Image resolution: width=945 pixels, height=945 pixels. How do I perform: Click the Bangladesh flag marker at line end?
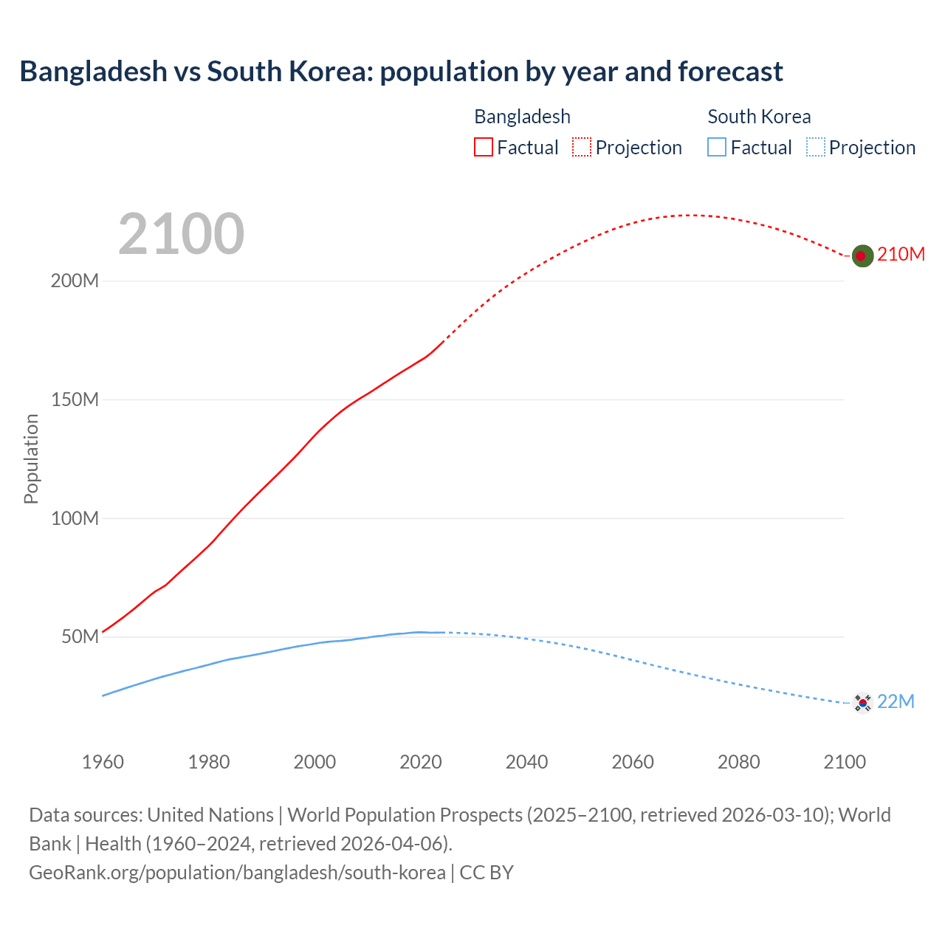862,255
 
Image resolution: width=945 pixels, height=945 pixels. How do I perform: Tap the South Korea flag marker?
862,702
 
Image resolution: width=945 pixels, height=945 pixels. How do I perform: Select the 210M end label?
901,255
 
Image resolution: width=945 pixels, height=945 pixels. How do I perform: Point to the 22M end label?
896,701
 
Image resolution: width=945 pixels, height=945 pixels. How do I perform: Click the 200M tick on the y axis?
75,281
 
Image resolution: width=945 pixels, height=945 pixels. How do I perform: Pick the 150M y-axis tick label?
75,400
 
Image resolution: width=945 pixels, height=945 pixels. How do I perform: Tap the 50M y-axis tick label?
80,637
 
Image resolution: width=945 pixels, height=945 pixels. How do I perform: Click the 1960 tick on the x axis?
103,762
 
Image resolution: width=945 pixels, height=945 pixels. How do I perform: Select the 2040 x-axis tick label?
526,762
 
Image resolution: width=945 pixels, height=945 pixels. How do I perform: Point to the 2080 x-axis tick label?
738,762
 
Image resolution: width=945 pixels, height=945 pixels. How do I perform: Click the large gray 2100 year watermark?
181,234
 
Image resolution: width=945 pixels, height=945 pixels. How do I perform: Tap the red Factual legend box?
484,148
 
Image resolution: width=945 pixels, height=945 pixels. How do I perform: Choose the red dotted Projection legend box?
582,148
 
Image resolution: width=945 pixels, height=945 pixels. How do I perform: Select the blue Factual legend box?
717,148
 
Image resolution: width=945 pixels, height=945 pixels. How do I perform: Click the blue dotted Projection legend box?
815,148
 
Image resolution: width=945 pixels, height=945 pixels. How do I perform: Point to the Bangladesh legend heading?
522,117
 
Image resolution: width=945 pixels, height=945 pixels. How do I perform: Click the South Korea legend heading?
759,117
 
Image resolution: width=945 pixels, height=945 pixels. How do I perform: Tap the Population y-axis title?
31,458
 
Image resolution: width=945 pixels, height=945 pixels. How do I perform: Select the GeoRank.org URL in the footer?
237,873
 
